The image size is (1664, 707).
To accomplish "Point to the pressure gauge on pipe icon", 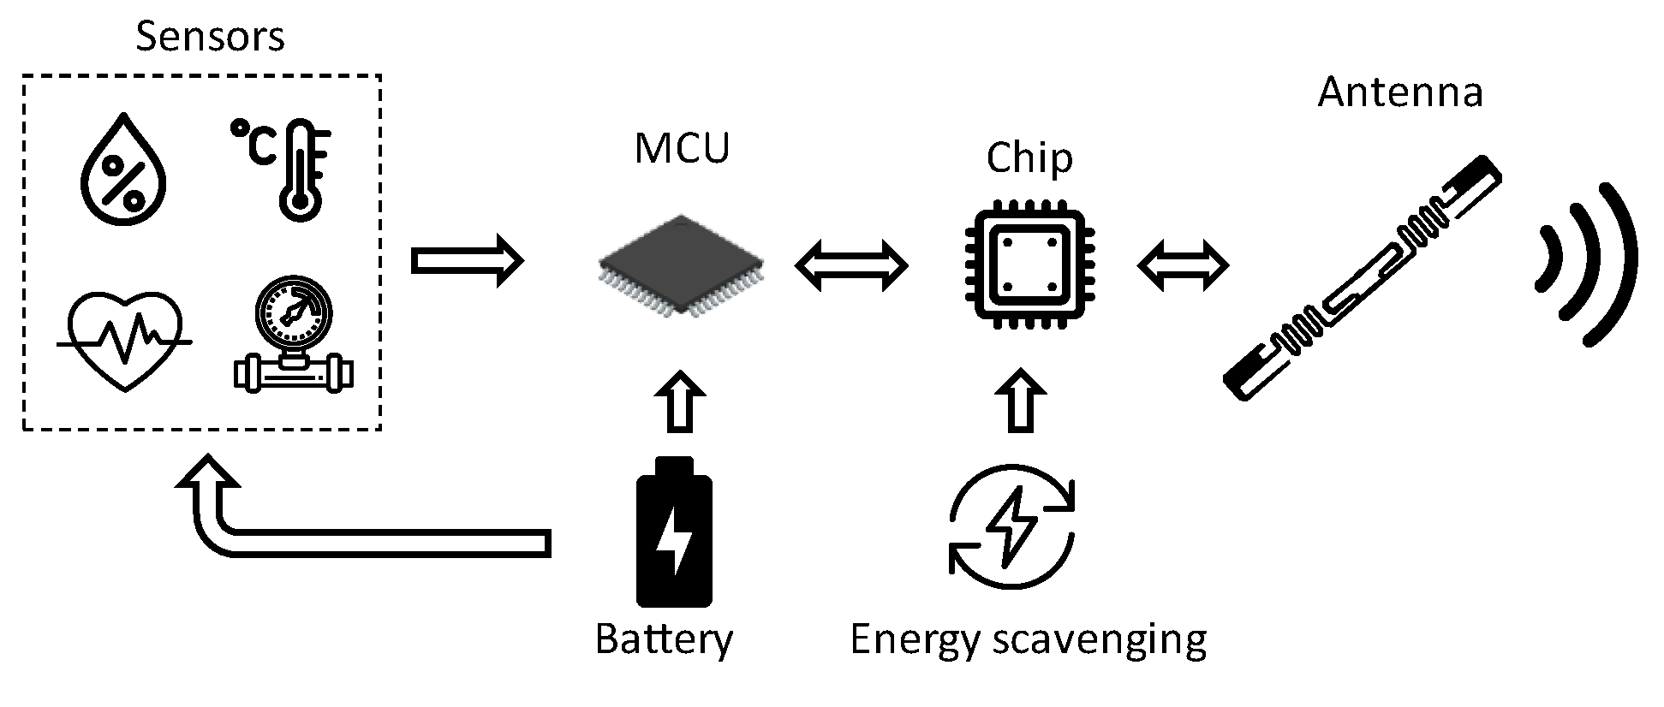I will (294, 335).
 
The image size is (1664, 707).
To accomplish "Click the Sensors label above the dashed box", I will (210, 37).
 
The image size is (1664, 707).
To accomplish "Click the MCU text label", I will (682, 148).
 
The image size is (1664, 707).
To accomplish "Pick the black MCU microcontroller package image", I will (682, 264).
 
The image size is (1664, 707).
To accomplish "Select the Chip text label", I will (1029, 157).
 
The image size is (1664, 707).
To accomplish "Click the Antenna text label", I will (1400, 92).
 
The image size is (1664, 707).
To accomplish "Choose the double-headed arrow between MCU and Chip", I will (850, 265).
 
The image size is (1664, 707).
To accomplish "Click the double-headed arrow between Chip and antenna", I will (1183, 265).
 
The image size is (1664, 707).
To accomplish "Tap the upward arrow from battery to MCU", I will (681, 401).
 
